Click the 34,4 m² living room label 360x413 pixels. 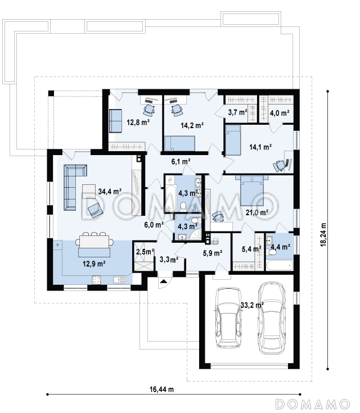coord(110,191)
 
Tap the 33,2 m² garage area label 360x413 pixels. coord(252,305)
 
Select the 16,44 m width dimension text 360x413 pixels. coord(161,389)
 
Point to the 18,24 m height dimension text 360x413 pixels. coord(323,235)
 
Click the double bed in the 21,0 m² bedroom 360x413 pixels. coord(252,190)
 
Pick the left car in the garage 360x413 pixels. coord(228,318)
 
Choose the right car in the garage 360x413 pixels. coord(272,318)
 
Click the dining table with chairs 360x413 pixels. coord(94,241)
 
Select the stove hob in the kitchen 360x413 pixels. coord(96,280)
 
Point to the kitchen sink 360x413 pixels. coord(119,279)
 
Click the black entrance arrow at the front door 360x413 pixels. coord(164,282)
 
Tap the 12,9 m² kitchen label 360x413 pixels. coord(94,264)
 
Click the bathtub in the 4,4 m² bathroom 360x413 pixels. coord(280,265)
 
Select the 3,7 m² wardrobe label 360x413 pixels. coord(237,112)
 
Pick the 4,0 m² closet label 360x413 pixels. coord(280,113)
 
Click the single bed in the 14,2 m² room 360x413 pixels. coord(179,143)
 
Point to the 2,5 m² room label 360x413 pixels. coord(145,252)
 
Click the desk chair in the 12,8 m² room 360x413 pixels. coord(149,110)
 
